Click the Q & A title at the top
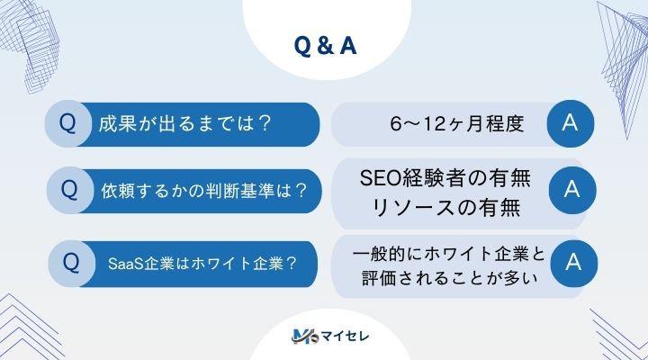point(324,46)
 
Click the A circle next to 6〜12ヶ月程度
point(569,124)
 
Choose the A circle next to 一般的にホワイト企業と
point(569,262)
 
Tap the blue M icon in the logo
point(301,337)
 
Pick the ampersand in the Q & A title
point(324,46)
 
